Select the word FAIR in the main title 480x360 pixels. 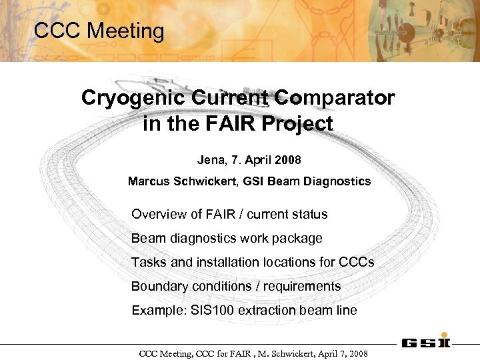click(x=229, y=124)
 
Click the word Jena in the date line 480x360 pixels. click(x=211, y=160)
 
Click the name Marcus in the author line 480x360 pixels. click(x=148, y=181)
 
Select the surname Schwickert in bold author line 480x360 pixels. click(x=205, y=181)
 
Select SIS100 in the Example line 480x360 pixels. click(x=212, y=311)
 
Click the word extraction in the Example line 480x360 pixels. click(x=268, y=311)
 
